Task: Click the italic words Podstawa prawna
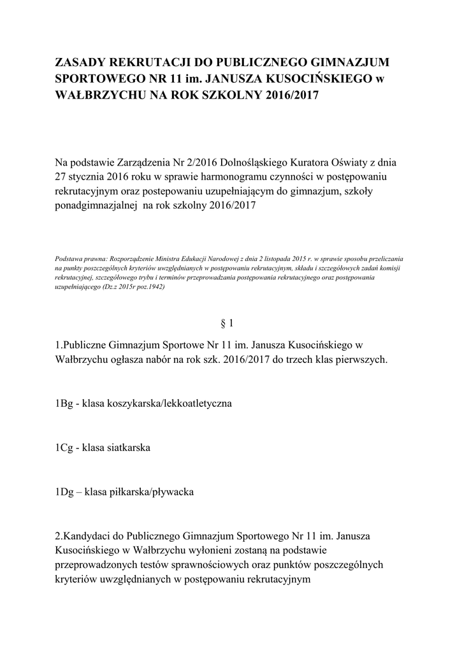(78, 260)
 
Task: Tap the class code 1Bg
(64, 404)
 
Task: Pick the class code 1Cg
(64, 448)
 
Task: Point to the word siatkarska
(128, 448)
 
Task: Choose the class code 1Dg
(65, 492)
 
